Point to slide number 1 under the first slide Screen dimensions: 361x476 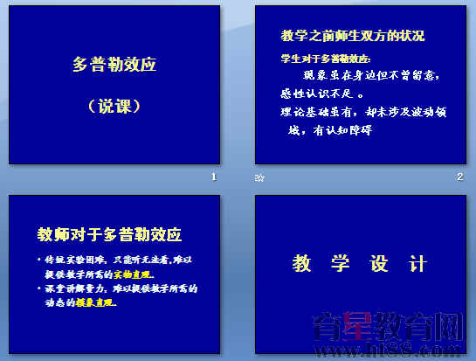point(213,177)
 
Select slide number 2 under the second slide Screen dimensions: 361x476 point(459,177)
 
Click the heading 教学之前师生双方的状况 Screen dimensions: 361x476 point(353,36)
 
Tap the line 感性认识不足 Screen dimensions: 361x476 point(321,94)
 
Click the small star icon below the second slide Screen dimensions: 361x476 point(259,177)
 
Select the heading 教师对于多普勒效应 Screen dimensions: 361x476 point(109,234)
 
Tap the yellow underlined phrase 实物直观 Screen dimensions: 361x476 point(133,274)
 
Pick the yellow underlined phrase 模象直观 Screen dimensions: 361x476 point(96,304)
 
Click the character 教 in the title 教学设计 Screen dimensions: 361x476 point(302,263)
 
